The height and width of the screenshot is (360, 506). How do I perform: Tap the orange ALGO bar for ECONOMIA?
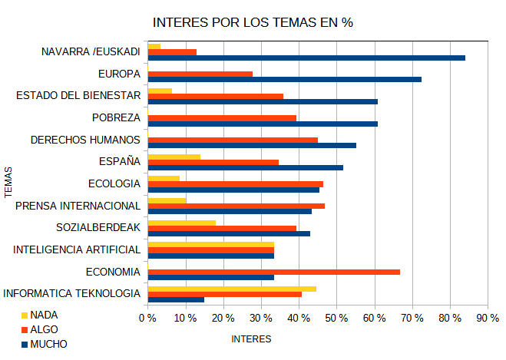point(273,272)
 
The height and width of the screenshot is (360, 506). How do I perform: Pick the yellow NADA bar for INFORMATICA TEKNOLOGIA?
point(231,289)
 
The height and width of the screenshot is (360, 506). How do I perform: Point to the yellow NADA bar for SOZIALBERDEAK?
point(181,223)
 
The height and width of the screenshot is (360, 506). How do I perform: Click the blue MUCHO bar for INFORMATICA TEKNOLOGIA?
point(175,299)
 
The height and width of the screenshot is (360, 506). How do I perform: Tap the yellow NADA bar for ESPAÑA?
point(174,157)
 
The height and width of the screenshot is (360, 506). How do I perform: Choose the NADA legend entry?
point(44,315)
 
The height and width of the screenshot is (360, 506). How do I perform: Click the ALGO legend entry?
point(44,329)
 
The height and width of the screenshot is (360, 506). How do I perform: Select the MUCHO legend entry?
point(48,344)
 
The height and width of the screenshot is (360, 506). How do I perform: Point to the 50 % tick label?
point(336,319)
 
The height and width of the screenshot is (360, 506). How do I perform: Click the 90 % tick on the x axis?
point(487,319)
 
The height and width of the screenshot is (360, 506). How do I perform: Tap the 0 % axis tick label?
point(147,319)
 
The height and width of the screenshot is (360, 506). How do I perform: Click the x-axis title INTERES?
point(251,338)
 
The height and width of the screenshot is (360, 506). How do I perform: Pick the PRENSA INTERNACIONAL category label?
point(78,206)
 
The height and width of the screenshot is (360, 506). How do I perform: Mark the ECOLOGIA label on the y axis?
point(114,183)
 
